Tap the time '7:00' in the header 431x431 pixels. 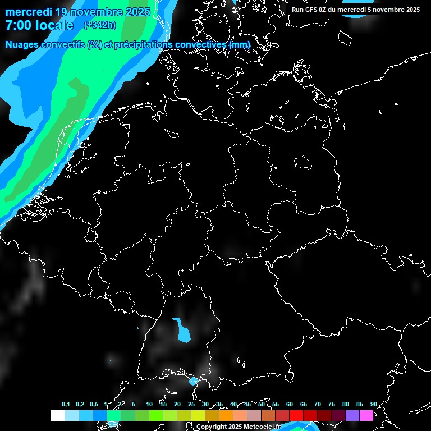(x=17, y=25)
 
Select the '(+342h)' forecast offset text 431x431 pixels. (x=100, y=25)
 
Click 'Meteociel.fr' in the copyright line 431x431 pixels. (x=262, y=427)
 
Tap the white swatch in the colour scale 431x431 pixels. (x=58, y=416)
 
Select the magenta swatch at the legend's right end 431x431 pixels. (x=366, y=416)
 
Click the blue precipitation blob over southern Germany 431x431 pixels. (x=182, y=331)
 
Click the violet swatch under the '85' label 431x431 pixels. (x=352, y=416)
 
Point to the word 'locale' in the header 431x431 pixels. (x=55, y=25)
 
